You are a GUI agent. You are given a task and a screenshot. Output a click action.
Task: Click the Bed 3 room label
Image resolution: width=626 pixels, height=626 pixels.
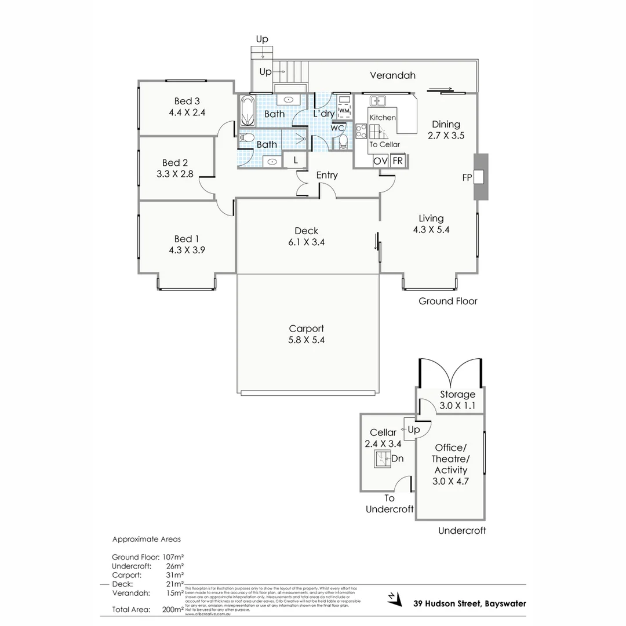tap(187, 101)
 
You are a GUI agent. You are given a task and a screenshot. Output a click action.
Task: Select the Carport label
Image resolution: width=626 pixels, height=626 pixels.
tap(306, 328)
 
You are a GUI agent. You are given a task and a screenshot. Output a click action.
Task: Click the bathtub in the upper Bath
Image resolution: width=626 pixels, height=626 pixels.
tap(246, 112)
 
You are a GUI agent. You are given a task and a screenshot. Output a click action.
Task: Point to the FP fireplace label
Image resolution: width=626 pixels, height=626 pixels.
tap(467, 178)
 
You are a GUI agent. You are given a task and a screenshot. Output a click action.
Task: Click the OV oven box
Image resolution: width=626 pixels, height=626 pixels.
tap(380, 161)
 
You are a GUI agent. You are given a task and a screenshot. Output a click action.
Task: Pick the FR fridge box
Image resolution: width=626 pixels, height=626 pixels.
tap(398, 161)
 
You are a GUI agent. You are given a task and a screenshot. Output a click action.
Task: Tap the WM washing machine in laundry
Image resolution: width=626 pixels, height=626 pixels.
tap(344, 110)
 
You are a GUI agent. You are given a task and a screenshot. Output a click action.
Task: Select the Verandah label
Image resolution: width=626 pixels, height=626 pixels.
tap(392, 75)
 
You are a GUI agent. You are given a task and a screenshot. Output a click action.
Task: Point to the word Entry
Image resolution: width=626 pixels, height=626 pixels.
tap(327, 175)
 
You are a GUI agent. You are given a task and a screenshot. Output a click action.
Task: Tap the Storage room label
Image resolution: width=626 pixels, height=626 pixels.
tap(457, 395)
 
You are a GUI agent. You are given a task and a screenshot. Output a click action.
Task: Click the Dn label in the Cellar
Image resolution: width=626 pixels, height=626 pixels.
tap(397, 458)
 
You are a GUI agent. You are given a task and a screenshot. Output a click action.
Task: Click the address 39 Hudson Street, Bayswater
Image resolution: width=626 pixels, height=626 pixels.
tap(469, 603)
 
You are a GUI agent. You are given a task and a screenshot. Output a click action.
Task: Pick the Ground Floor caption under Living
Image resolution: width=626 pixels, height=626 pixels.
tap(448, 301)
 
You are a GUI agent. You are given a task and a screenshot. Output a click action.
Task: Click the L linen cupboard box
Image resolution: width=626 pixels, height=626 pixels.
tap(296, 160)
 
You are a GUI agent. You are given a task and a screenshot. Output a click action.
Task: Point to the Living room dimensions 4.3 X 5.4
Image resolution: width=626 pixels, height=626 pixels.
tap(431, 229)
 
